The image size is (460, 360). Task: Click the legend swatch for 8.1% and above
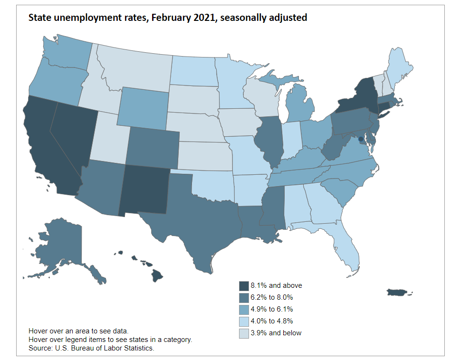click(244, 285)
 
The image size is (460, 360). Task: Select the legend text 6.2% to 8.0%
click(272, 297)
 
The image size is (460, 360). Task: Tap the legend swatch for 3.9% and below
click(244, 333)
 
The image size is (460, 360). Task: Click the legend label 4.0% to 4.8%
click(272, 321)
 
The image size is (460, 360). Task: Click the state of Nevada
click(71, 138)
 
